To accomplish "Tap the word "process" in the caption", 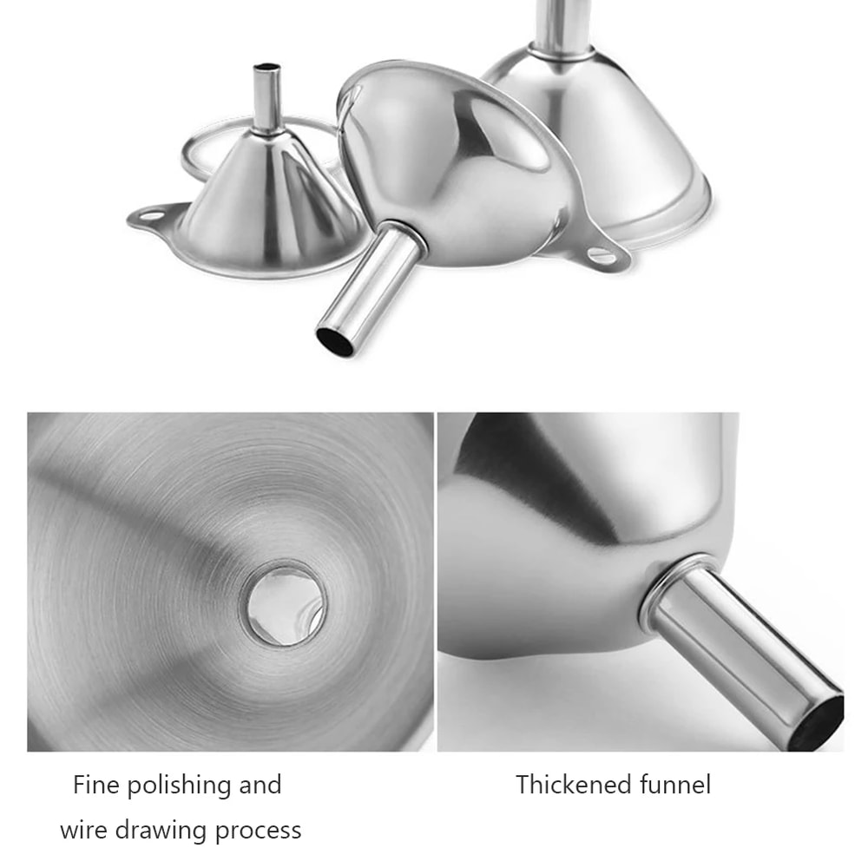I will coord(258,832).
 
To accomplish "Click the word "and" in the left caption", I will coord(259,786).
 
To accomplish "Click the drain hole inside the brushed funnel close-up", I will coord(286,602).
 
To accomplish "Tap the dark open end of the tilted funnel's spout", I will coord(335,340).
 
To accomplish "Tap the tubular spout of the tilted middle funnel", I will coord(369,286).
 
